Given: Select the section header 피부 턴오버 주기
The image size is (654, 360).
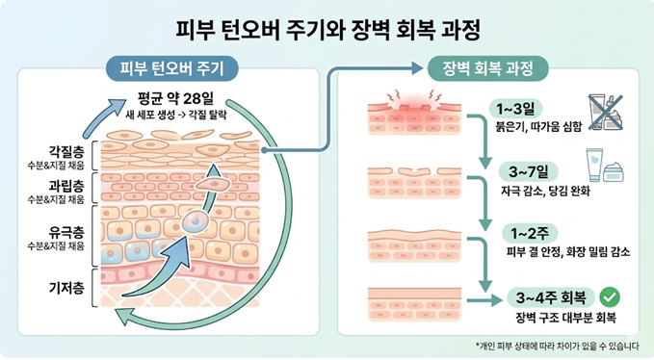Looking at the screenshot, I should point(172,67).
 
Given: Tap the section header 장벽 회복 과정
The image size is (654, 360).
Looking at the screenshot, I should point(487,67).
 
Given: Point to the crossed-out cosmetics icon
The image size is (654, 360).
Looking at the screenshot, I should point(605,113).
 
